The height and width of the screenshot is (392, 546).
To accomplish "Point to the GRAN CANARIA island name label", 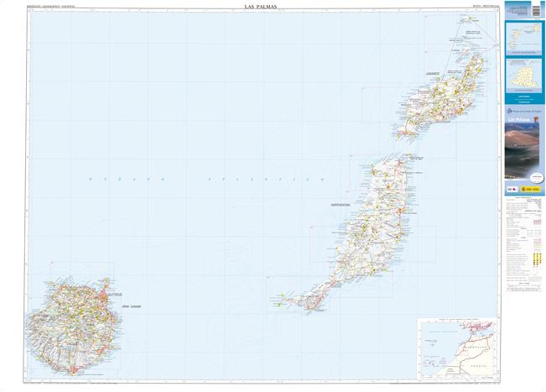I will pyautogui.click(x=130, y=307).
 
